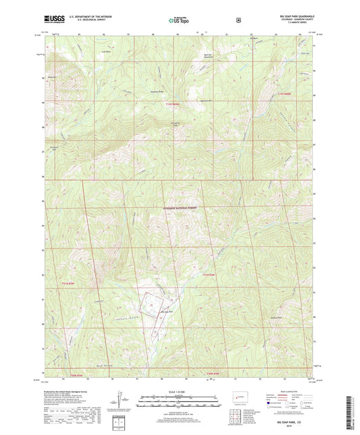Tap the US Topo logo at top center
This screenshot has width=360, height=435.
[x=180, y=20]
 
